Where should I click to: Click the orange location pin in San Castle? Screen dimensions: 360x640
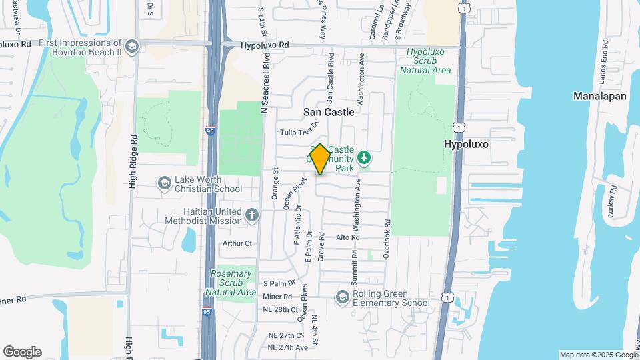(x=320, y=159)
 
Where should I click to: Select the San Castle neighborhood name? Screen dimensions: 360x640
(x=329, y=112)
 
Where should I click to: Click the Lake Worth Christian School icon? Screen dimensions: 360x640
(x=164, y=183)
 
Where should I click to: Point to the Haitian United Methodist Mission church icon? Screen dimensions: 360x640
(x=251, y=215)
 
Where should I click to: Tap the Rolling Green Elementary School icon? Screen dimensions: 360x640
(x=343, y=297)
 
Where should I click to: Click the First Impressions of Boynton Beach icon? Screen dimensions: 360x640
(x=131, y=46)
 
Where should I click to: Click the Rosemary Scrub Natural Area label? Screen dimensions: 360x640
(x=233, y=283)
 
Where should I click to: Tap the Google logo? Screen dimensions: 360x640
(x=22, y=352)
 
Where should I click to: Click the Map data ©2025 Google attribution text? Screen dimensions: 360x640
(x=598, y=355)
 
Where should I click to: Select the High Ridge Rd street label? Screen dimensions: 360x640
(x=133, y=162)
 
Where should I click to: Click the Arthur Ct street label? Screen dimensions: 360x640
(x=238, y=243)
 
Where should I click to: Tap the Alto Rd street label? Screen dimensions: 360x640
(x=348, y=237)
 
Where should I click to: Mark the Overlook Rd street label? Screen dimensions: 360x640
(x=385, y=235)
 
